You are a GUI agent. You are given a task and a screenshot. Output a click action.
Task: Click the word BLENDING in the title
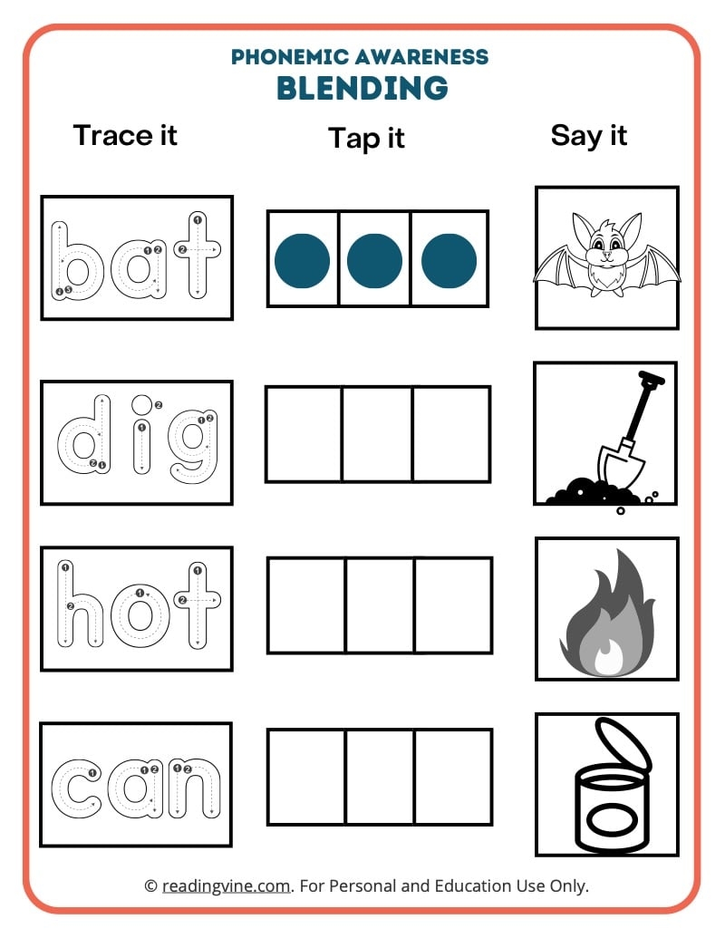coord(362,88)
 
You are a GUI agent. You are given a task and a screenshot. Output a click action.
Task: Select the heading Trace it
coord(125,135)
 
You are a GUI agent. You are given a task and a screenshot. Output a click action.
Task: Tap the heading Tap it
coord(366,138)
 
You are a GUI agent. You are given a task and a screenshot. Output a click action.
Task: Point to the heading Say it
coord(589,135)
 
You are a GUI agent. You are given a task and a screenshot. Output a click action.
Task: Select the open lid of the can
coord(623,744)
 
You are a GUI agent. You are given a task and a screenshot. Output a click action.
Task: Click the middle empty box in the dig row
coord(377,434)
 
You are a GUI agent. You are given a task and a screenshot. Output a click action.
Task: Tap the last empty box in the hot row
coord(453,605)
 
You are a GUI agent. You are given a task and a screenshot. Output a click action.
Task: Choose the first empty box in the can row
coord(306,777)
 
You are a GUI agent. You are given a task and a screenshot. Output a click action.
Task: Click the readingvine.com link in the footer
coord(227,885)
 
